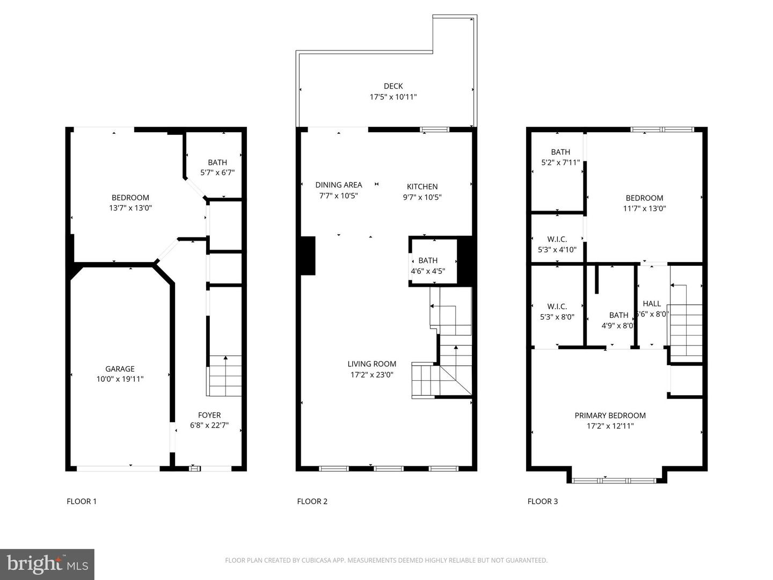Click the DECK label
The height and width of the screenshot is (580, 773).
point(393,86)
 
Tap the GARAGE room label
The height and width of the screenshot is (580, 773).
point(120,369)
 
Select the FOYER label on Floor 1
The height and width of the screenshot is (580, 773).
point(209,415)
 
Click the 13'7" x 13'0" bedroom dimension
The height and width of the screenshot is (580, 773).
point(130,208)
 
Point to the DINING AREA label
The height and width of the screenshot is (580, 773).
point(338,185)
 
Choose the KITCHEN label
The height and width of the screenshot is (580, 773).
point(422,186)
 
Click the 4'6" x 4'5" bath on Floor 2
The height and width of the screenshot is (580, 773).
point(428,266)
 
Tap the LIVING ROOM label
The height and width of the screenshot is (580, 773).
point(371,364)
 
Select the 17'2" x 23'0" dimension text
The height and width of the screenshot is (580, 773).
point(371,375)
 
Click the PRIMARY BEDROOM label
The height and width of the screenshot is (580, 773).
point(610,415)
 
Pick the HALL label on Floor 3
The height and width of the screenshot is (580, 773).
point(652,303)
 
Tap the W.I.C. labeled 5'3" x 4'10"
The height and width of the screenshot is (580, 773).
point(557,244)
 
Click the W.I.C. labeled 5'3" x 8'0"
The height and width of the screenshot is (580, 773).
point(557,311)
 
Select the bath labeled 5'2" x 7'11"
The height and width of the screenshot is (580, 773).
point(560,157)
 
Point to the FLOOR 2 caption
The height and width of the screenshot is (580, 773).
point(312,501)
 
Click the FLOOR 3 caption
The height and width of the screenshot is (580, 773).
point(542,501)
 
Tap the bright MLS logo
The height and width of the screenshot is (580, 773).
point(47,564)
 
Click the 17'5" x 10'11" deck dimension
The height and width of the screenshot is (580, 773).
point(393,97)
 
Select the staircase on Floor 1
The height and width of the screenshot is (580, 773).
point(224,376)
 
